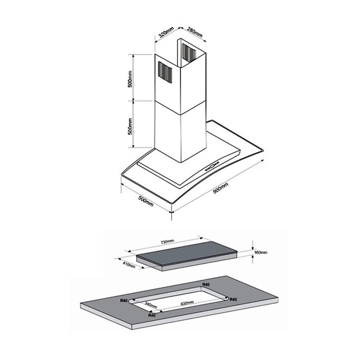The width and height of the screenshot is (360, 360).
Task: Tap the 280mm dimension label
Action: pyautogui.click(x=195, y=32)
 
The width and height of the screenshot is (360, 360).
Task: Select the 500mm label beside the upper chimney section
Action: pyautogui.click(x=130, y=79)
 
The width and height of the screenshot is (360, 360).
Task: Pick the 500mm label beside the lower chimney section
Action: pyautogui.click(x=130, y=126)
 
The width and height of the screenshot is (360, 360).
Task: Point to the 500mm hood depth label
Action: pyautogui.click(x=145, y=201)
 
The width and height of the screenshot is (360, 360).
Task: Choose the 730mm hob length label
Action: pyautogui.click(x=167, y=241)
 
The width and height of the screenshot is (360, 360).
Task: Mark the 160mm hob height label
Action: pyautogui.click(x=261, y=253)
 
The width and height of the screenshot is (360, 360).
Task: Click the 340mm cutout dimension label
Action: pyautogui.click(x=150, y=305)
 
